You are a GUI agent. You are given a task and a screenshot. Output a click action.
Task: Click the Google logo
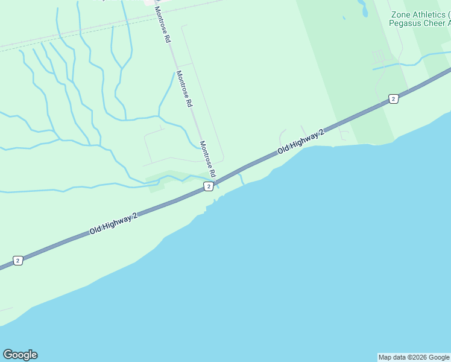(20, 355)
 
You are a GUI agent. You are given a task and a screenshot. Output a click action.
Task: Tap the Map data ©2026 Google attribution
(414, 357)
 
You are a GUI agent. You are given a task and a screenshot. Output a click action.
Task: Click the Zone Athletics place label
(420, 14)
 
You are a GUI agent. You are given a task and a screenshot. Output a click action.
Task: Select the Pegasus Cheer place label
(420, 24)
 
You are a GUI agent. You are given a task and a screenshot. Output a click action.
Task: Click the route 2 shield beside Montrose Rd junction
(208, 187)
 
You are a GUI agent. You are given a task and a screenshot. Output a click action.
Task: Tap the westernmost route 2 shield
(18, 261)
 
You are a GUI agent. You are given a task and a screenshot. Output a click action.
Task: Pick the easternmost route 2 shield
(393, 99)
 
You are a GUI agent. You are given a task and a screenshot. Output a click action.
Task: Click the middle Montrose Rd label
(184, 89)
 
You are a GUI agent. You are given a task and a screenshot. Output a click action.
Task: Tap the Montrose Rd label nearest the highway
(207, 159)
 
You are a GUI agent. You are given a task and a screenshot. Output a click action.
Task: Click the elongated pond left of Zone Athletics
(363, 8)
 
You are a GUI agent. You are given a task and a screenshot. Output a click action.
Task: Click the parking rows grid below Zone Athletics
(378, 57)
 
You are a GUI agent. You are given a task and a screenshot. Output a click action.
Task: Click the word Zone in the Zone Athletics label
(401, 14)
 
